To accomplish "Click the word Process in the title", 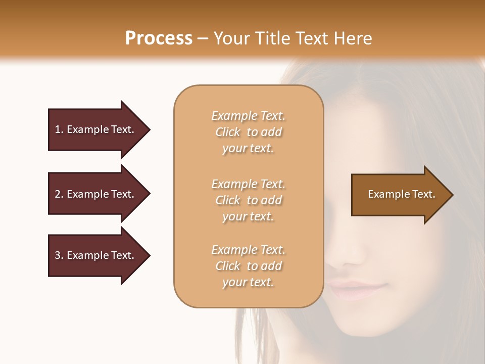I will click(x=159, y=38).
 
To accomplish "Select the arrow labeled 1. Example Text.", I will click(x=94, y=129).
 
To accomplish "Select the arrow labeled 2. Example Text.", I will click(x=94, y=194).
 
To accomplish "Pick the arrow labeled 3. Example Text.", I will click(x=94, y=255).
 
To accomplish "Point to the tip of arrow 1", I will click(x=149, y=129).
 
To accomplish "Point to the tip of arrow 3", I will click(x=149, y=255).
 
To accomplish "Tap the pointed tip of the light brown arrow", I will click(x=452, y=194).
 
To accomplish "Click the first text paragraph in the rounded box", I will click(x=248, y=132).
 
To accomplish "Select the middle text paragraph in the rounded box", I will click(x=248, y=200).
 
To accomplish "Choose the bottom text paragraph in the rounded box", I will click(x=248, y=266).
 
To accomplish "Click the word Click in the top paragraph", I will click(x=228, y=132).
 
